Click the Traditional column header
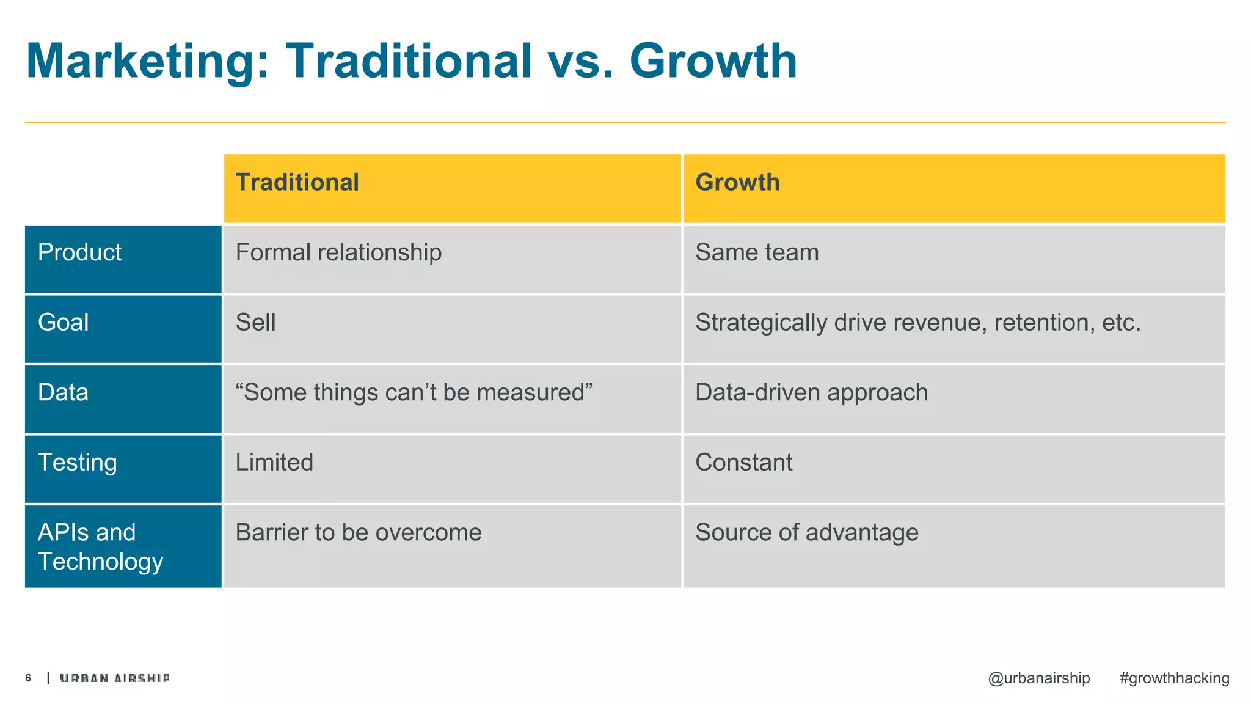[x=297, y=183]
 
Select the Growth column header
[x=737, y=183]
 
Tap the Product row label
[x=80, y=252]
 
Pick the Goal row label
[x=64, y=323]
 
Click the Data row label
[x=64, y=392]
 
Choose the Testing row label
[x=78, y=463]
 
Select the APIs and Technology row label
[x=101, y=547]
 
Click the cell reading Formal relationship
[x=338, y=252]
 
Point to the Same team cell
[x=757, y=252]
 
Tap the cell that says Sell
[x=256, y=323]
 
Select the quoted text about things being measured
[x=414, y=392]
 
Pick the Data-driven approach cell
[x=811, y=392]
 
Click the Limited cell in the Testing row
[x=274, y=463]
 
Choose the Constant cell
[x=743, y=463]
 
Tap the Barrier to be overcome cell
[x=359, y=533]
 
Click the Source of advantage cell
[x=806, y=533]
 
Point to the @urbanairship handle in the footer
[x=1038, y=678]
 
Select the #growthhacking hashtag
[x=1174, y=678]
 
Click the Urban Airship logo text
[x=115, y=678]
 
